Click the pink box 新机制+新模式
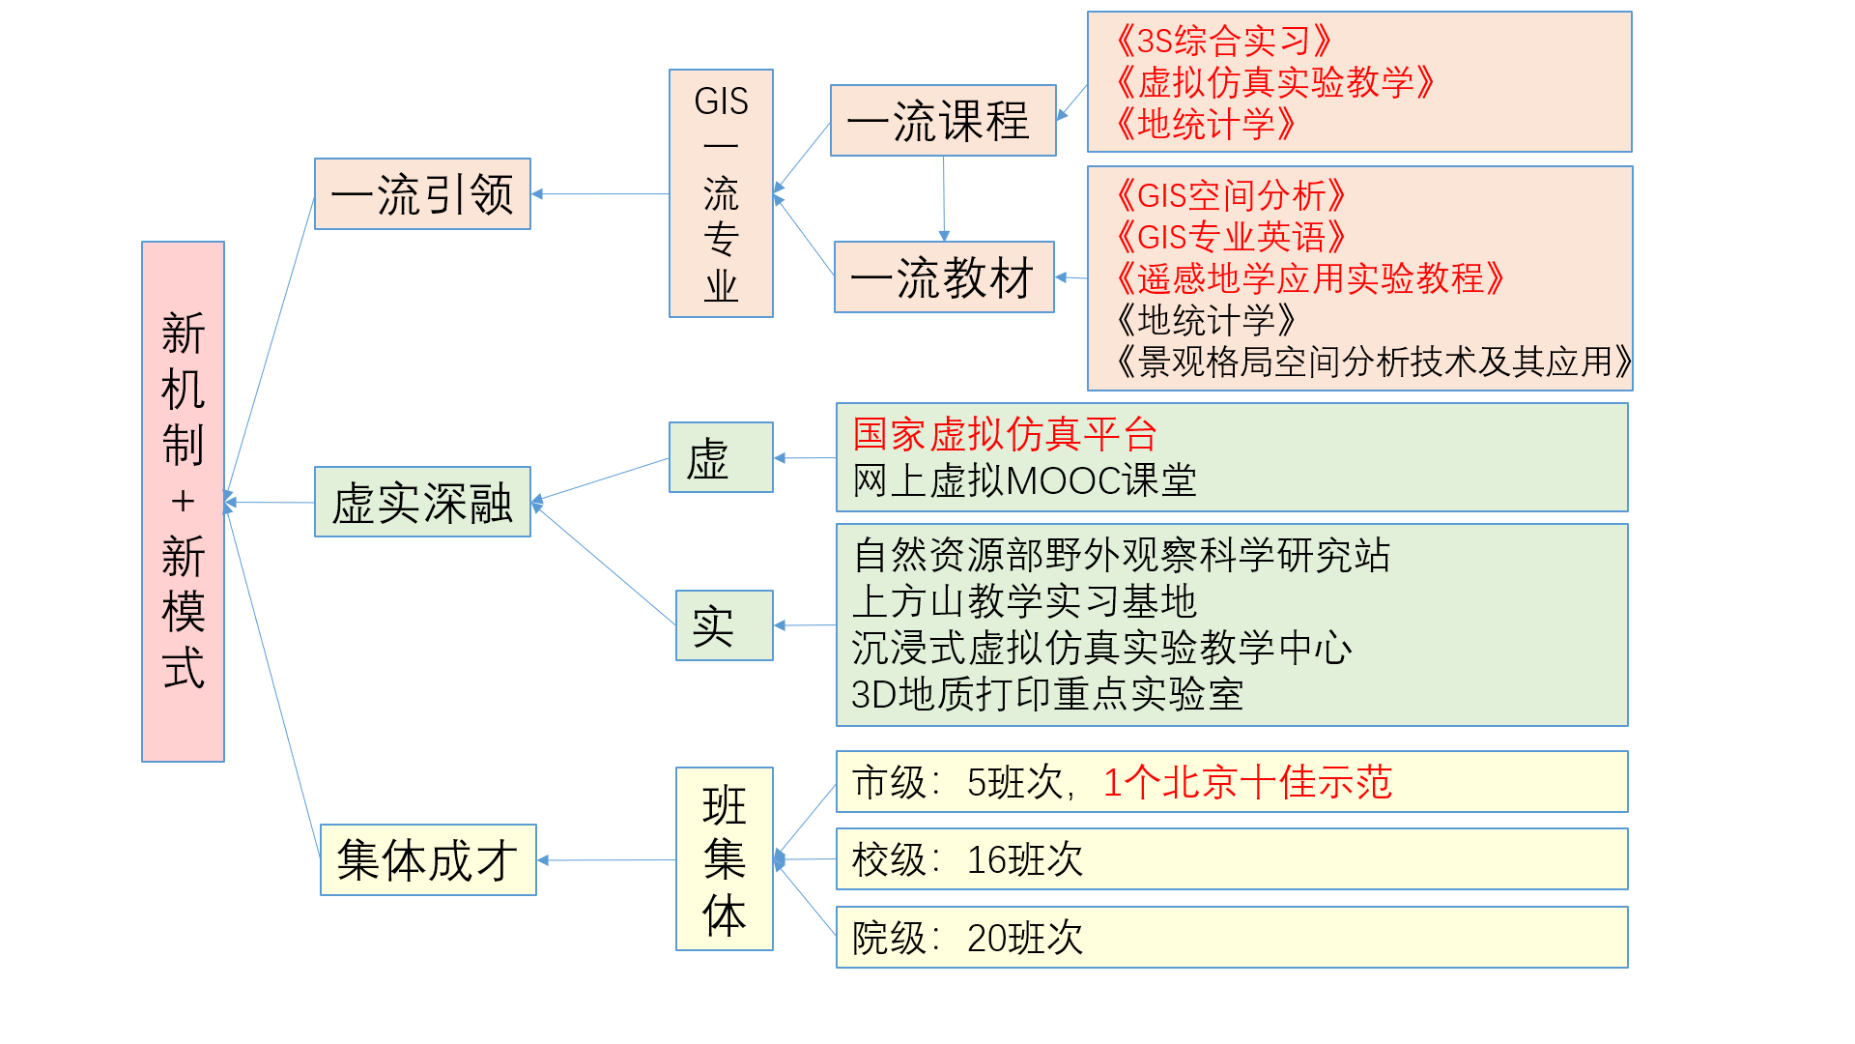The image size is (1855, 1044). click(183, 501)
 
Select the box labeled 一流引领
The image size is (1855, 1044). click(422, 194)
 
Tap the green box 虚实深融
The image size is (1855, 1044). click(422, 503)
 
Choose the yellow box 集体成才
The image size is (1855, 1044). click(428, 859)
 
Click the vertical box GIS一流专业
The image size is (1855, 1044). click(721, 193)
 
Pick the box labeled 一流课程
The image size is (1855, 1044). click(942, 121)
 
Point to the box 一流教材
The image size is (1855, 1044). click(943, 277)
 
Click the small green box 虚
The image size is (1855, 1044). click(720, 457)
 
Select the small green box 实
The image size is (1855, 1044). click(724, 625)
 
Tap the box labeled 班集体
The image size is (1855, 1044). click(724, 858)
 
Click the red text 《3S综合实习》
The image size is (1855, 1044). click(1222, 41)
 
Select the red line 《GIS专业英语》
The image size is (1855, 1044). click(1230, 237)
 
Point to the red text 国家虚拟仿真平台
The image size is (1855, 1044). click(1004, 434)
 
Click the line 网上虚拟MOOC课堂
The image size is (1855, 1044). click(1024, 480)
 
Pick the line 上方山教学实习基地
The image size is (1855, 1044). click(1024, 601)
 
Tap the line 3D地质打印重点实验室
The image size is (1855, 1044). click(1047, 694)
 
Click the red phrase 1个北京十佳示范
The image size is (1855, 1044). click(1246, 782)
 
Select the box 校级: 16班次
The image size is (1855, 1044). click(1231, 859)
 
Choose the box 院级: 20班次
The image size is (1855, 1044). click(1231, 938)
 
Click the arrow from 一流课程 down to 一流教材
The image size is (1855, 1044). click(944, 198)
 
